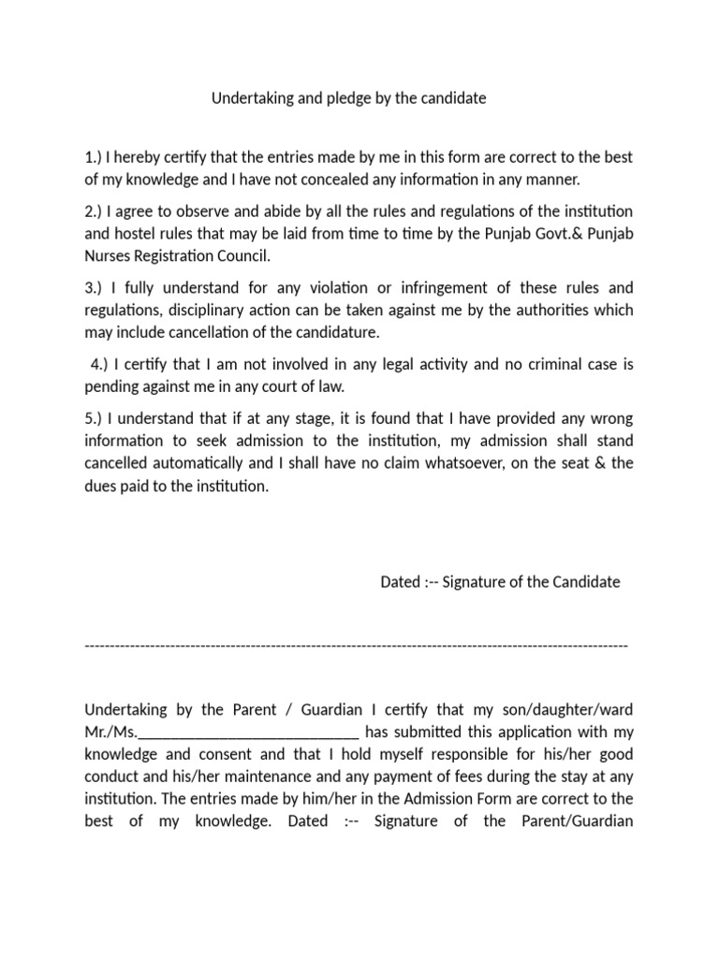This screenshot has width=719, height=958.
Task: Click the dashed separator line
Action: click(x=356, y=646)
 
